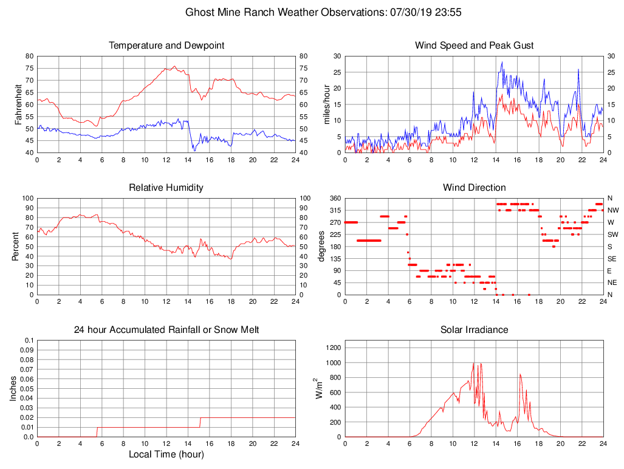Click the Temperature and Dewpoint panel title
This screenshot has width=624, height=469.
tap(166, 46)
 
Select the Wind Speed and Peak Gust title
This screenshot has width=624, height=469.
tap(475, 46)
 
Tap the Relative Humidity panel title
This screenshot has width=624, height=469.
tap(166, 188)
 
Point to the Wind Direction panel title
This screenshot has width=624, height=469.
tap(475, 188)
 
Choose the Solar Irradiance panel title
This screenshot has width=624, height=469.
tap(475, 330)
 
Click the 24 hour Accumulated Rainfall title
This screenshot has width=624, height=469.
tap(166, 330)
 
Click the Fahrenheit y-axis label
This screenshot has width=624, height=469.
tap(18, 104)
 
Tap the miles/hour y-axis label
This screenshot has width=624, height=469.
tap(326, 104)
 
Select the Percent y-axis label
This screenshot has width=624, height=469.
tap(18, 246)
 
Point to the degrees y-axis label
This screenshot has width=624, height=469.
tap(322, 246)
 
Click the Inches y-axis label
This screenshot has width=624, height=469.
tap(13, 388)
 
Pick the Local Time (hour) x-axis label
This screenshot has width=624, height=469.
tap(166, 454)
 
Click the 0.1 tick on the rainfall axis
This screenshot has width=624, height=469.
tap(29, 341)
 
